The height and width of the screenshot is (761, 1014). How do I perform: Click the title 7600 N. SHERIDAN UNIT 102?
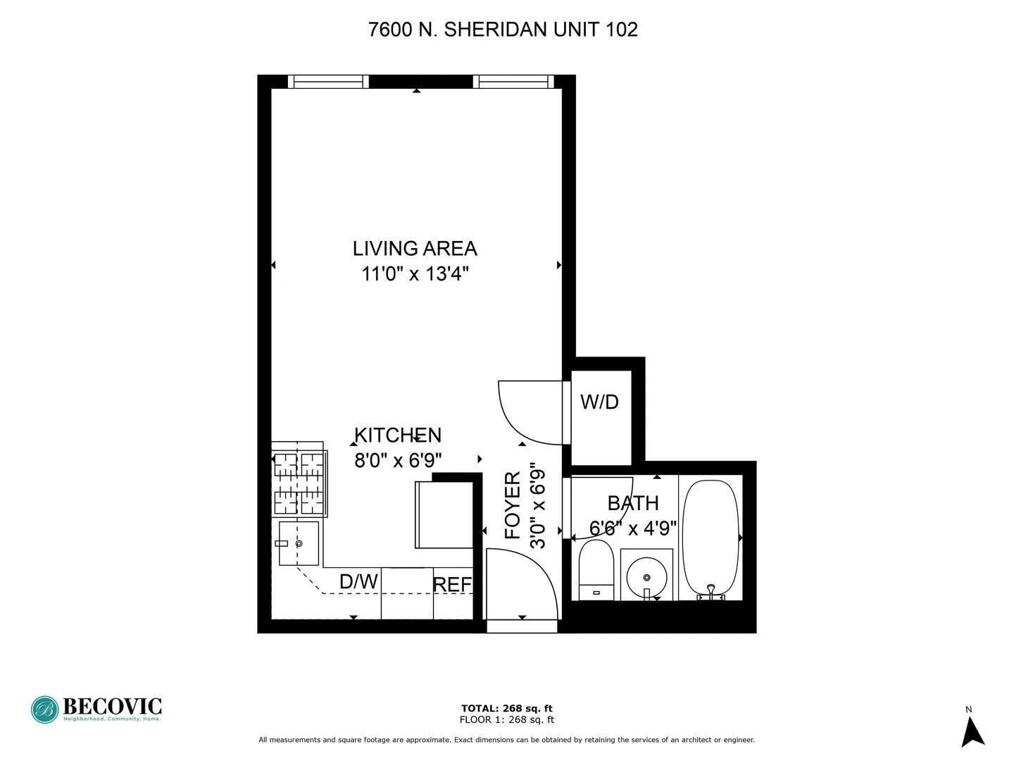[x=503, y=30]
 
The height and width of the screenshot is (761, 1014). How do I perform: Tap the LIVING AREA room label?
[x=415, y=249]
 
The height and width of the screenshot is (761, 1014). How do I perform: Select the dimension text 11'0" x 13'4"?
[x=415, y=273]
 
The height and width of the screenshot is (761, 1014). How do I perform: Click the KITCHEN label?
[x=398, y=435]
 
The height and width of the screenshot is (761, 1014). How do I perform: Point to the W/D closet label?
[x=599, y=402]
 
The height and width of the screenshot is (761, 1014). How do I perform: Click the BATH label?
[x=633, y=503]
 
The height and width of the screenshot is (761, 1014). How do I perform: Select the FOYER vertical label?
[x=513, y=505]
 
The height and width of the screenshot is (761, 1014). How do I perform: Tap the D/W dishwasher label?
[x=358, y=582]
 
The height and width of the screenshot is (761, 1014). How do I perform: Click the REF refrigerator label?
[x=452, y=585]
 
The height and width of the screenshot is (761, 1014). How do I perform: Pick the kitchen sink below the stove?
[x=299, y=543]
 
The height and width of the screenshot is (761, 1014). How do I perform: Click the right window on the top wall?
[x=513, y=82]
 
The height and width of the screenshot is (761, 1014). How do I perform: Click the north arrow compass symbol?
[x=972, y=731]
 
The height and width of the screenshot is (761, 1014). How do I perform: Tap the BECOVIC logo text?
[x=113, y=706]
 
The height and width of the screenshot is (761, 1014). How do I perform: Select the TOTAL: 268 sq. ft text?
[x=506, y=708]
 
